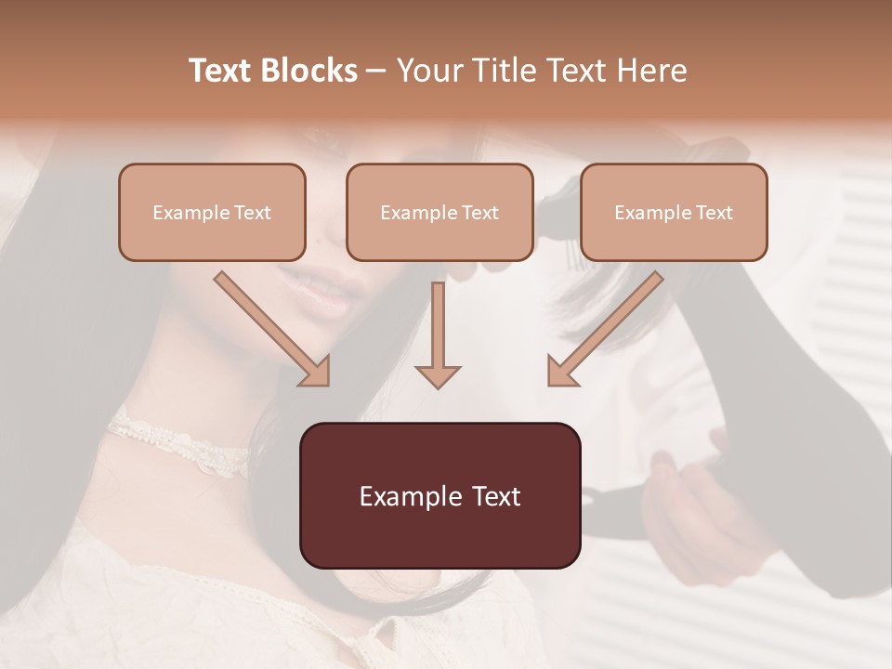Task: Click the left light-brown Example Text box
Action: pyautogui.click(x=212, y=212)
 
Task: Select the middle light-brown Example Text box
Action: pyautogui.click(x=439, y=212)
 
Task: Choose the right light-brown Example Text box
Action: pyautogui.click(x=674, y=212)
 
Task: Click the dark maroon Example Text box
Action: pyautogui.click(x=439, y=495)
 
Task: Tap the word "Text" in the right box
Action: pyautogui.click(x=714, y=213)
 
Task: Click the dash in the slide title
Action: pyautogui.click(x=376, y=71)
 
